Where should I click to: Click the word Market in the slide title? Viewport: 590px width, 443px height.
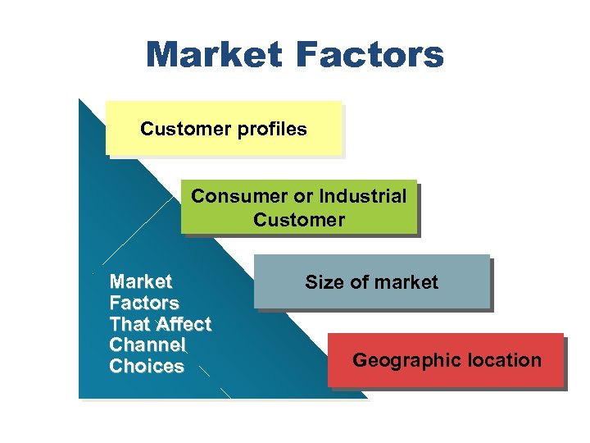[x=214, y=55]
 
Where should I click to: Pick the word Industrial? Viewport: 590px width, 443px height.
[x=362, y=197]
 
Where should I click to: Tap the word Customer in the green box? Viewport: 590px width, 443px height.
[x=299, y=220]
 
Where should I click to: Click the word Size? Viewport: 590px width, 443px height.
[x=322, y=282]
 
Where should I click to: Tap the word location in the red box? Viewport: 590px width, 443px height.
[x=503, y=360]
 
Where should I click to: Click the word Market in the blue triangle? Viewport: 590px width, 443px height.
[x=140, y=281]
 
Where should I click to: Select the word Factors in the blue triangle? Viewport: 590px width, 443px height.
[x=143, y=303]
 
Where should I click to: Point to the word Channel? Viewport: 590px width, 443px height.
[x=147, y=345]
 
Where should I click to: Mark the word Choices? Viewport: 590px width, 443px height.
[x=146, y=367]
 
